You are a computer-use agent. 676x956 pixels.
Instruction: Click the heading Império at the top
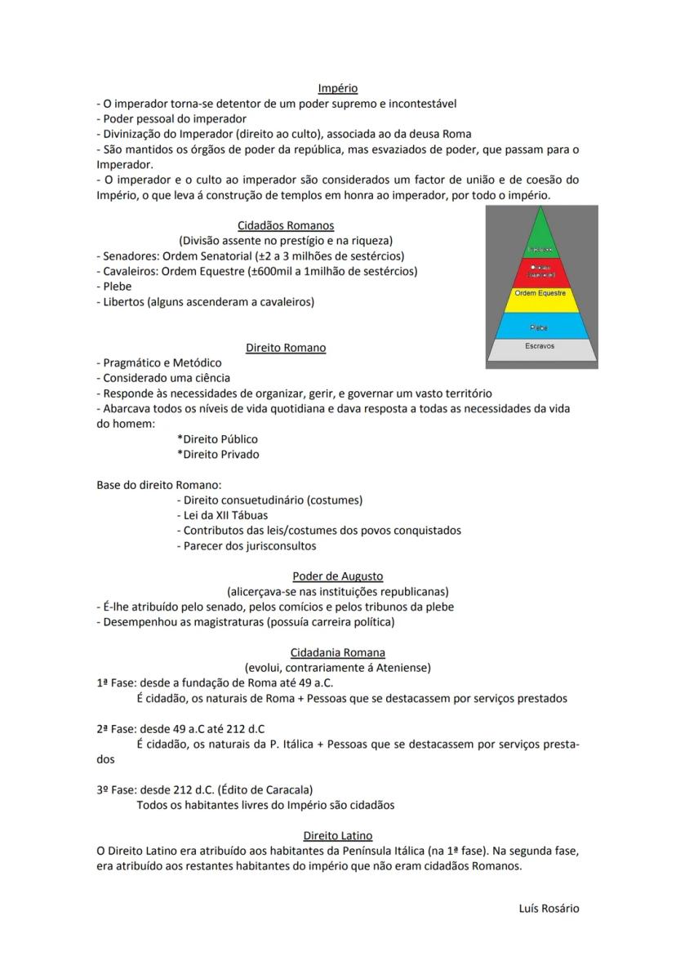pyautogui.click(x=337, y=88)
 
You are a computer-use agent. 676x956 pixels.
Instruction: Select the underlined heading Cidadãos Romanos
pyautogui.click(x=285, y=225)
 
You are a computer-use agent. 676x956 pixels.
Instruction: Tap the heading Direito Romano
pyautogui.click(x=285, y=348)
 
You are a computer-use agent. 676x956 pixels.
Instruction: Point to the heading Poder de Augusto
pyautogui.click(x=337, y=576)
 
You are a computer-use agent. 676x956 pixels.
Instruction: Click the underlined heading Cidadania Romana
pyautogui.click(x=337, y=652)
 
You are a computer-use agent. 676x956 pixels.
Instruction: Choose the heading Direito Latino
pyautogui.click(x=337, y=835)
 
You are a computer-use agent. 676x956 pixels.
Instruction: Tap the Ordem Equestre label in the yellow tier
pyautogui.click(x=540, y=293)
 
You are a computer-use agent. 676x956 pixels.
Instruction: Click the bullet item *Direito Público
pyautogui.click(x=217, y=439)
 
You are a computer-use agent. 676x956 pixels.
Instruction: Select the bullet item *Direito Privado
pyautogui.click(x=217, y=454)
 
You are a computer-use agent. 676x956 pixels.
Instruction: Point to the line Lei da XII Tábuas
pyautogui.click(x=222, y=515)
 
